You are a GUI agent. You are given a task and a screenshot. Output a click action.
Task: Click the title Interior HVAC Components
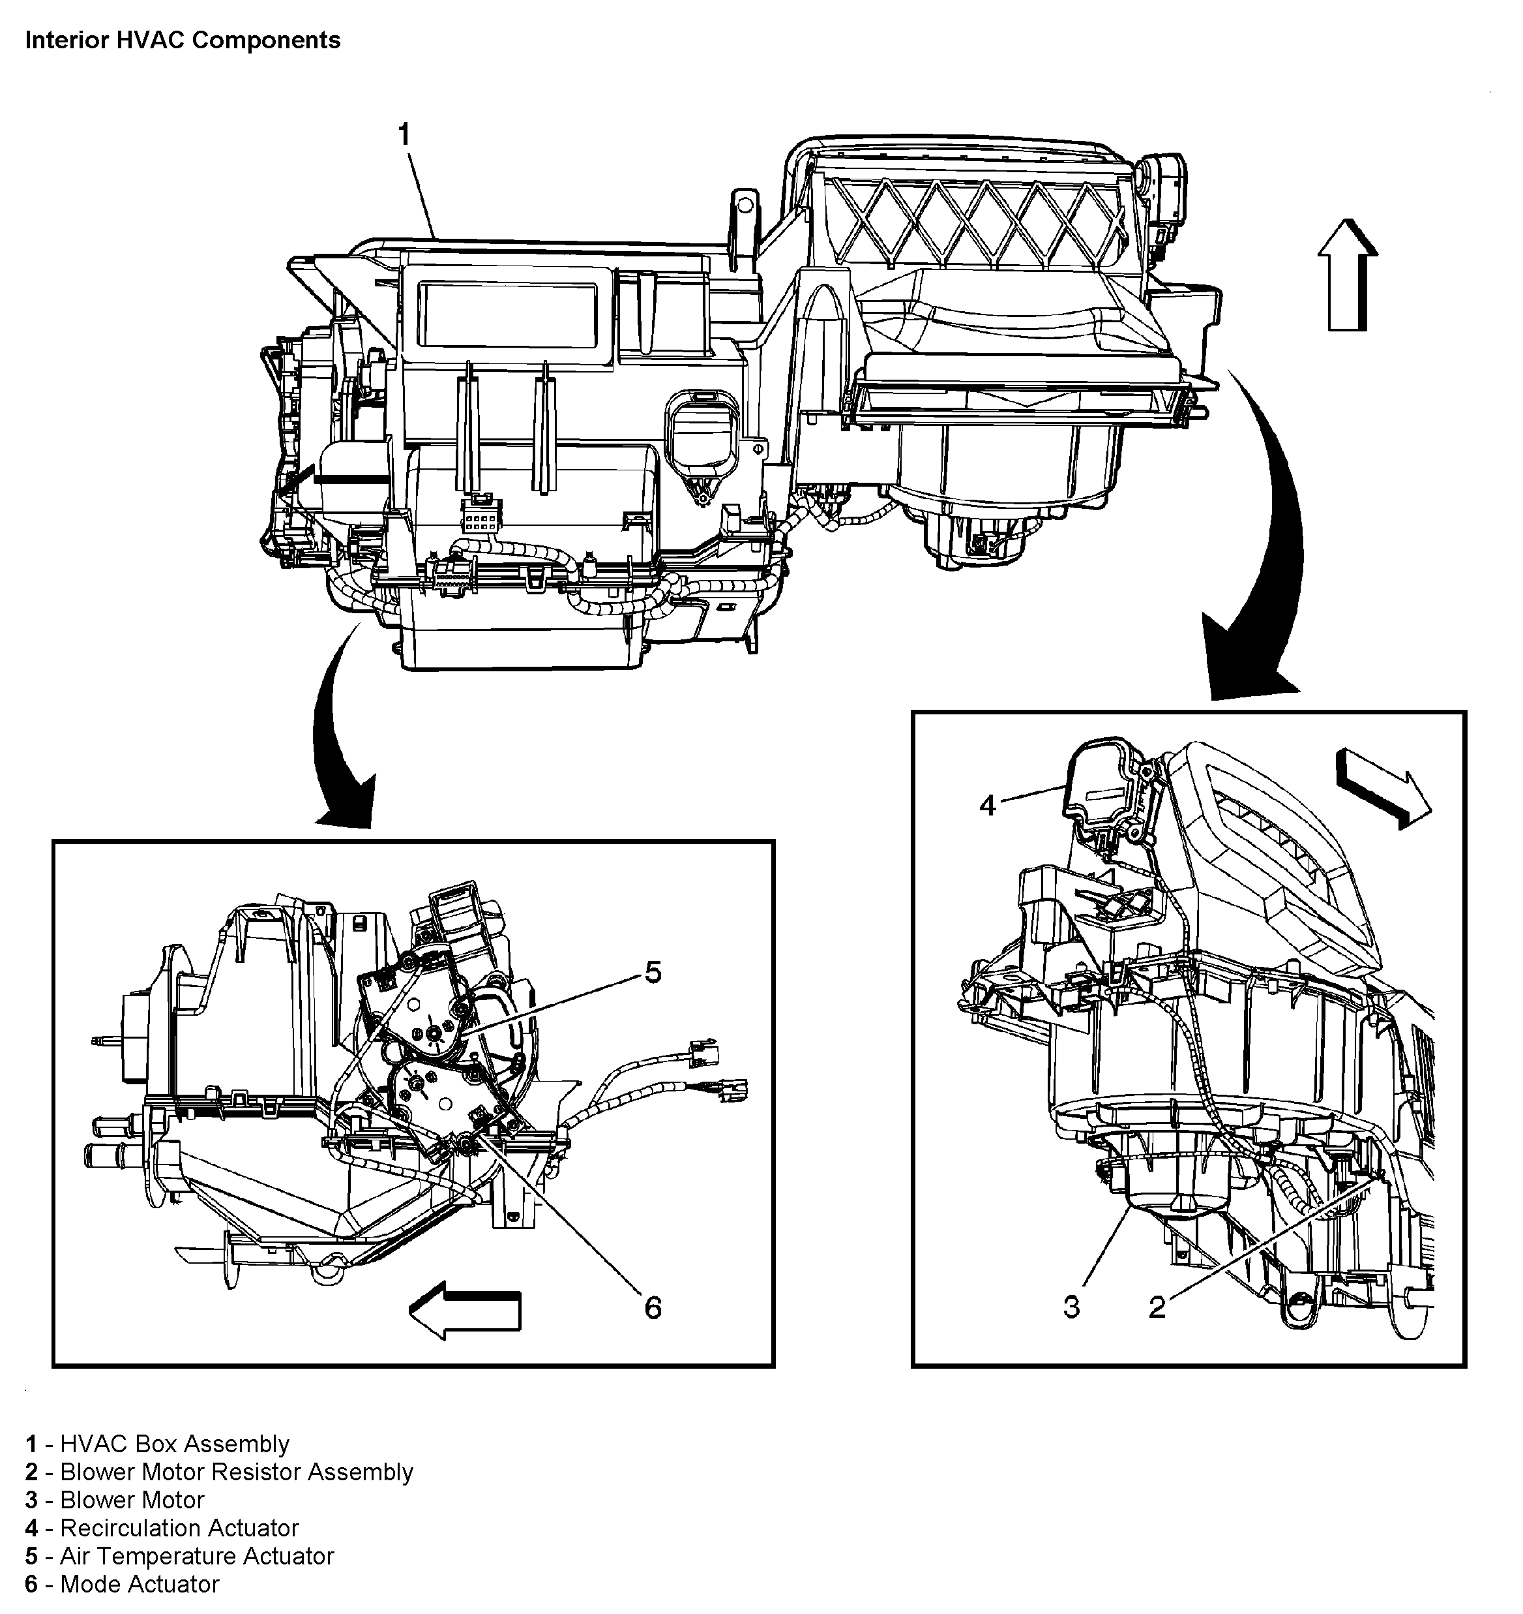[183, 40]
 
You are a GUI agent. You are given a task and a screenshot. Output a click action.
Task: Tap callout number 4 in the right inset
[987, 806]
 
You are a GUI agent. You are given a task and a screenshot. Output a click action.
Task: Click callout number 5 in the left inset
[653, 972]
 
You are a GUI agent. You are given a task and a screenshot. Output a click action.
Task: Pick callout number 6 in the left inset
[653, 1308]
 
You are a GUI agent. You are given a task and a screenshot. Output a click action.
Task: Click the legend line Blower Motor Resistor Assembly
[219, 1472]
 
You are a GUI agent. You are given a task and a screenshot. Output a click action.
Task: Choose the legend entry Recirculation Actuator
[162, 1528]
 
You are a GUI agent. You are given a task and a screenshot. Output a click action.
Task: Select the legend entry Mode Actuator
[123, 1584]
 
